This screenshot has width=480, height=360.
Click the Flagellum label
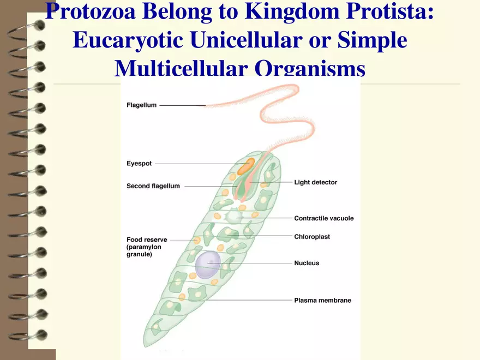[141, 105]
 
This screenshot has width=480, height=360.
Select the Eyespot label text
[139, 163]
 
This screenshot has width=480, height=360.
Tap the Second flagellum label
[153, 186]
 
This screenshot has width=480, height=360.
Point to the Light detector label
[315, 182]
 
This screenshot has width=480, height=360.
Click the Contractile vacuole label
[323, 218]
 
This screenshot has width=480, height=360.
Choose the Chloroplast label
[312, 237]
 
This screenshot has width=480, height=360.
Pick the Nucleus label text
[307, 263]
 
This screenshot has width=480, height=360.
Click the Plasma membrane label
[322, 300]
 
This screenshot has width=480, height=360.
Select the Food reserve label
[147, 239]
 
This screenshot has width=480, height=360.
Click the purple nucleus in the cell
[208, 265]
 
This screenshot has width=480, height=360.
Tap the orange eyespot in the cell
[245, 166]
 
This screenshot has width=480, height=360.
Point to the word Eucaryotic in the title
[127, 40]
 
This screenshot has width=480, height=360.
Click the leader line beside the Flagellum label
[182, 105]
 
